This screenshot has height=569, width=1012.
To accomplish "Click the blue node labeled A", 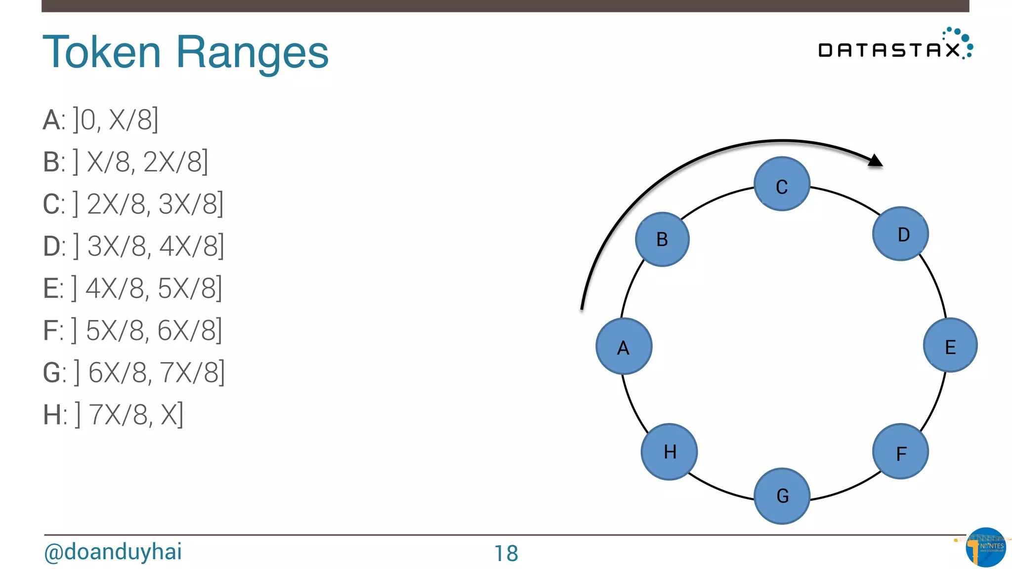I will point(624,346).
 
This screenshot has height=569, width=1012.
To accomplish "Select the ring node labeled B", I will point(662,240).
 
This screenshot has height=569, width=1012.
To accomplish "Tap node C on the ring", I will point(782,184).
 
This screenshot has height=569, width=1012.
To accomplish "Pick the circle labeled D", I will point(900,234).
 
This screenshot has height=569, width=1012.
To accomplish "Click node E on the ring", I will point(950,345).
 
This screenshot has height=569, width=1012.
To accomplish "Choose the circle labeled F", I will point(900,451).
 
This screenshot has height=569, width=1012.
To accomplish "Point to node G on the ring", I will point(782,495).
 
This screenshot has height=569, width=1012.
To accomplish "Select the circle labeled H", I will point(669,451).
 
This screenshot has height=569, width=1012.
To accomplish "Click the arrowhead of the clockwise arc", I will point(875,161).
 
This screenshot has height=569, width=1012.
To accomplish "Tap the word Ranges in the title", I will point(252,53).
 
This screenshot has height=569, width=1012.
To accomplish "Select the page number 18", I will point(506,553).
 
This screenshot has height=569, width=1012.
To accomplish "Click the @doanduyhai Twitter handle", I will point(113,552).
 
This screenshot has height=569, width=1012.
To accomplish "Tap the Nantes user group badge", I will point(985,547).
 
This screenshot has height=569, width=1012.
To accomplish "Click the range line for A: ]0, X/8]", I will point(101,120).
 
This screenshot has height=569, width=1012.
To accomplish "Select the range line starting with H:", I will point(113,414).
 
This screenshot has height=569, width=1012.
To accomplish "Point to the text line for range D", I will point(133,246).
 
